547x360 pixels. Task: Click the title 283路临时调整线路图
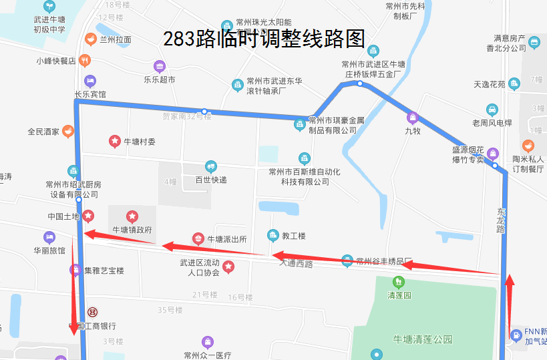(264, 39)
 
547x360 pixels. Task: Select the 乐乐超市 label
(159, 79)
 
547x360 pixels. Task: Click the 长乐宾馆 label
(90, 94)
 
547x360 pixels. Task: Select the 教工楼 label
(293, 236)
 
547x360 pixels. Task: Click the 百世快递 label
(211, 180)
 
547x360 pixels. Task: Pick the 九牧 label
(413, 132)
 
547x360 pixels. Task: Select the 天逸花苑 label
(490, 85)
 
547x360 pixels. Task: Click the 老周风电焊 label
(492, 123)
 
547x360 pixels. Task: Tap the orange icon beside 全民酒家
(67, 132)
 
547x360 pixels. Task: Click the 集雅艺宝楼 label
(104, 271)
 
